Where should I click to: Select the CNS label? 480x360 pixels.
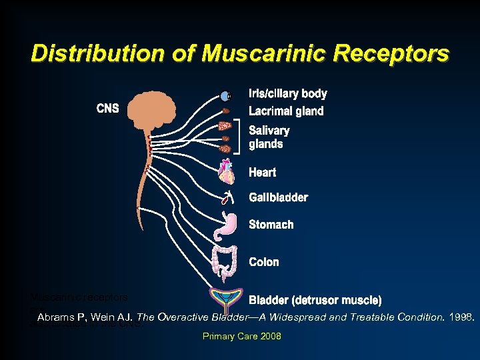[107, 109]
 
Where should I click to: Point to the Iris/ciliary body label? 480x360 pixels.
[287, 94]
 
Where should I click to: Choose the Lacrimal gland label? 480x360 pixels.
[286, 111]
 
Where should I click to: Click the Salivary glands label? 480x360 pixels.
[269, 137]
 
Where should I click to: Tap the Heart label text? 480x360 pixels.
[262, 173]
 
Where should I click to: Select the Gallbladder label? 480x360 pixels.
[278, 197]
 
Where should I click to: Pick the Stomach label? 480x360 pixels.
[271, 225]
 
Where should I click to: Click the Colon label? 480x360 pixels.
[263, 262]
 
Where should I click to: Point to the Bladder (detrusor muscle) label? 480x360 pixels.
[315, 300]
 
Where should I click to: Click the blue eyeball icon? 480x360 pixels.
[225, 96]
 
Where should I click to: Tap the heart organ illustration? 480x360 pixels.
[227, 172]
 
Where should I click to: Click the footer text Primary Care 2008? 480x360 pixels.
[241, 337]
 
